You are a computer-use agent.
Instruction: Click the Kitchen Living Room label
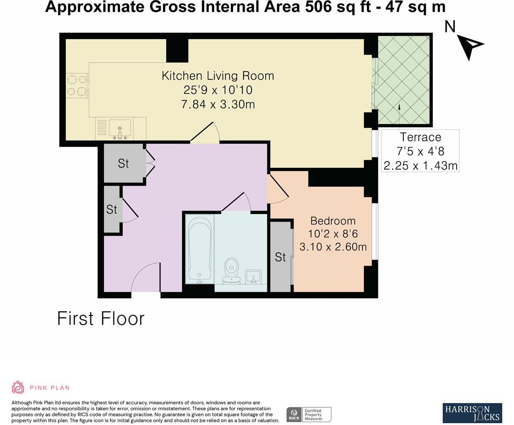pyautogui.click(x=218, y=76)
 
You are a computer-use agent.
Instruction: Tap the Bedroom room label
pyautogui.click(x=333, y=221)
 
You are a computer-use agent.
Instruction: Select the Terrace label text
pyautogui.click(x=420, y=137)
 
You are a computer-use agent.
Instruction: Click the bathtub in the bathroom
pyautogui.click(x=199, y=249)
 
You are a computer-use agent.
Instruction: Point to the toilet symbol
pyautogui.click(x=232, y=271)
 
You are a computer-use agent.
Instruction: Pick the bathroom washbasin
pyautogui.click(x=253, y=276)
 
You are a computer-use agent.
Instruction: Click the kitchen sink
pyautogui.click(x=120, y=129)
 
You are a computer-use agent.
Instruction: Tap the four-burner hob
pyautogui.click(x=77, y=85)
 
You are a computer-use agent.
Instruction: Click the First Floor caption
pyautogui.click(x=101, y=319)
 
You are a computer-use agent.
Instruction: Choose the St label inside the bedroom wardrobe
pyautogui.click(x=280, y=257)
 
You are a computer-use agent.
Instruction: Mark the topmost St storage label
pyautogui.click(x=123, y=164)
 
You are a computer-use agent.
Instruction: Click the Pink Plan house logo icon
pyautogui.click(x=18, y=387)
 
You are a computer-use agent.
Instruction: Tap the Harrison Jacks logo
pyautogui.click(x=472, y=413)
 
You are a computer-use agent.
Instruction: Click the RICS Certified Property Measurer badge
pyautogui.click(x=309, y=415)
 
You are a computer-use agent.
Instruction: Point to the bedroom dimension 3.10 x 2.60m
pyautogui.click(x=333, y=247)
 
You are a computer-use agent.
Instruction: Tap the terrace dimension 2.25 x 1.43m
pyautogui.click(x=420, y=166)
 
